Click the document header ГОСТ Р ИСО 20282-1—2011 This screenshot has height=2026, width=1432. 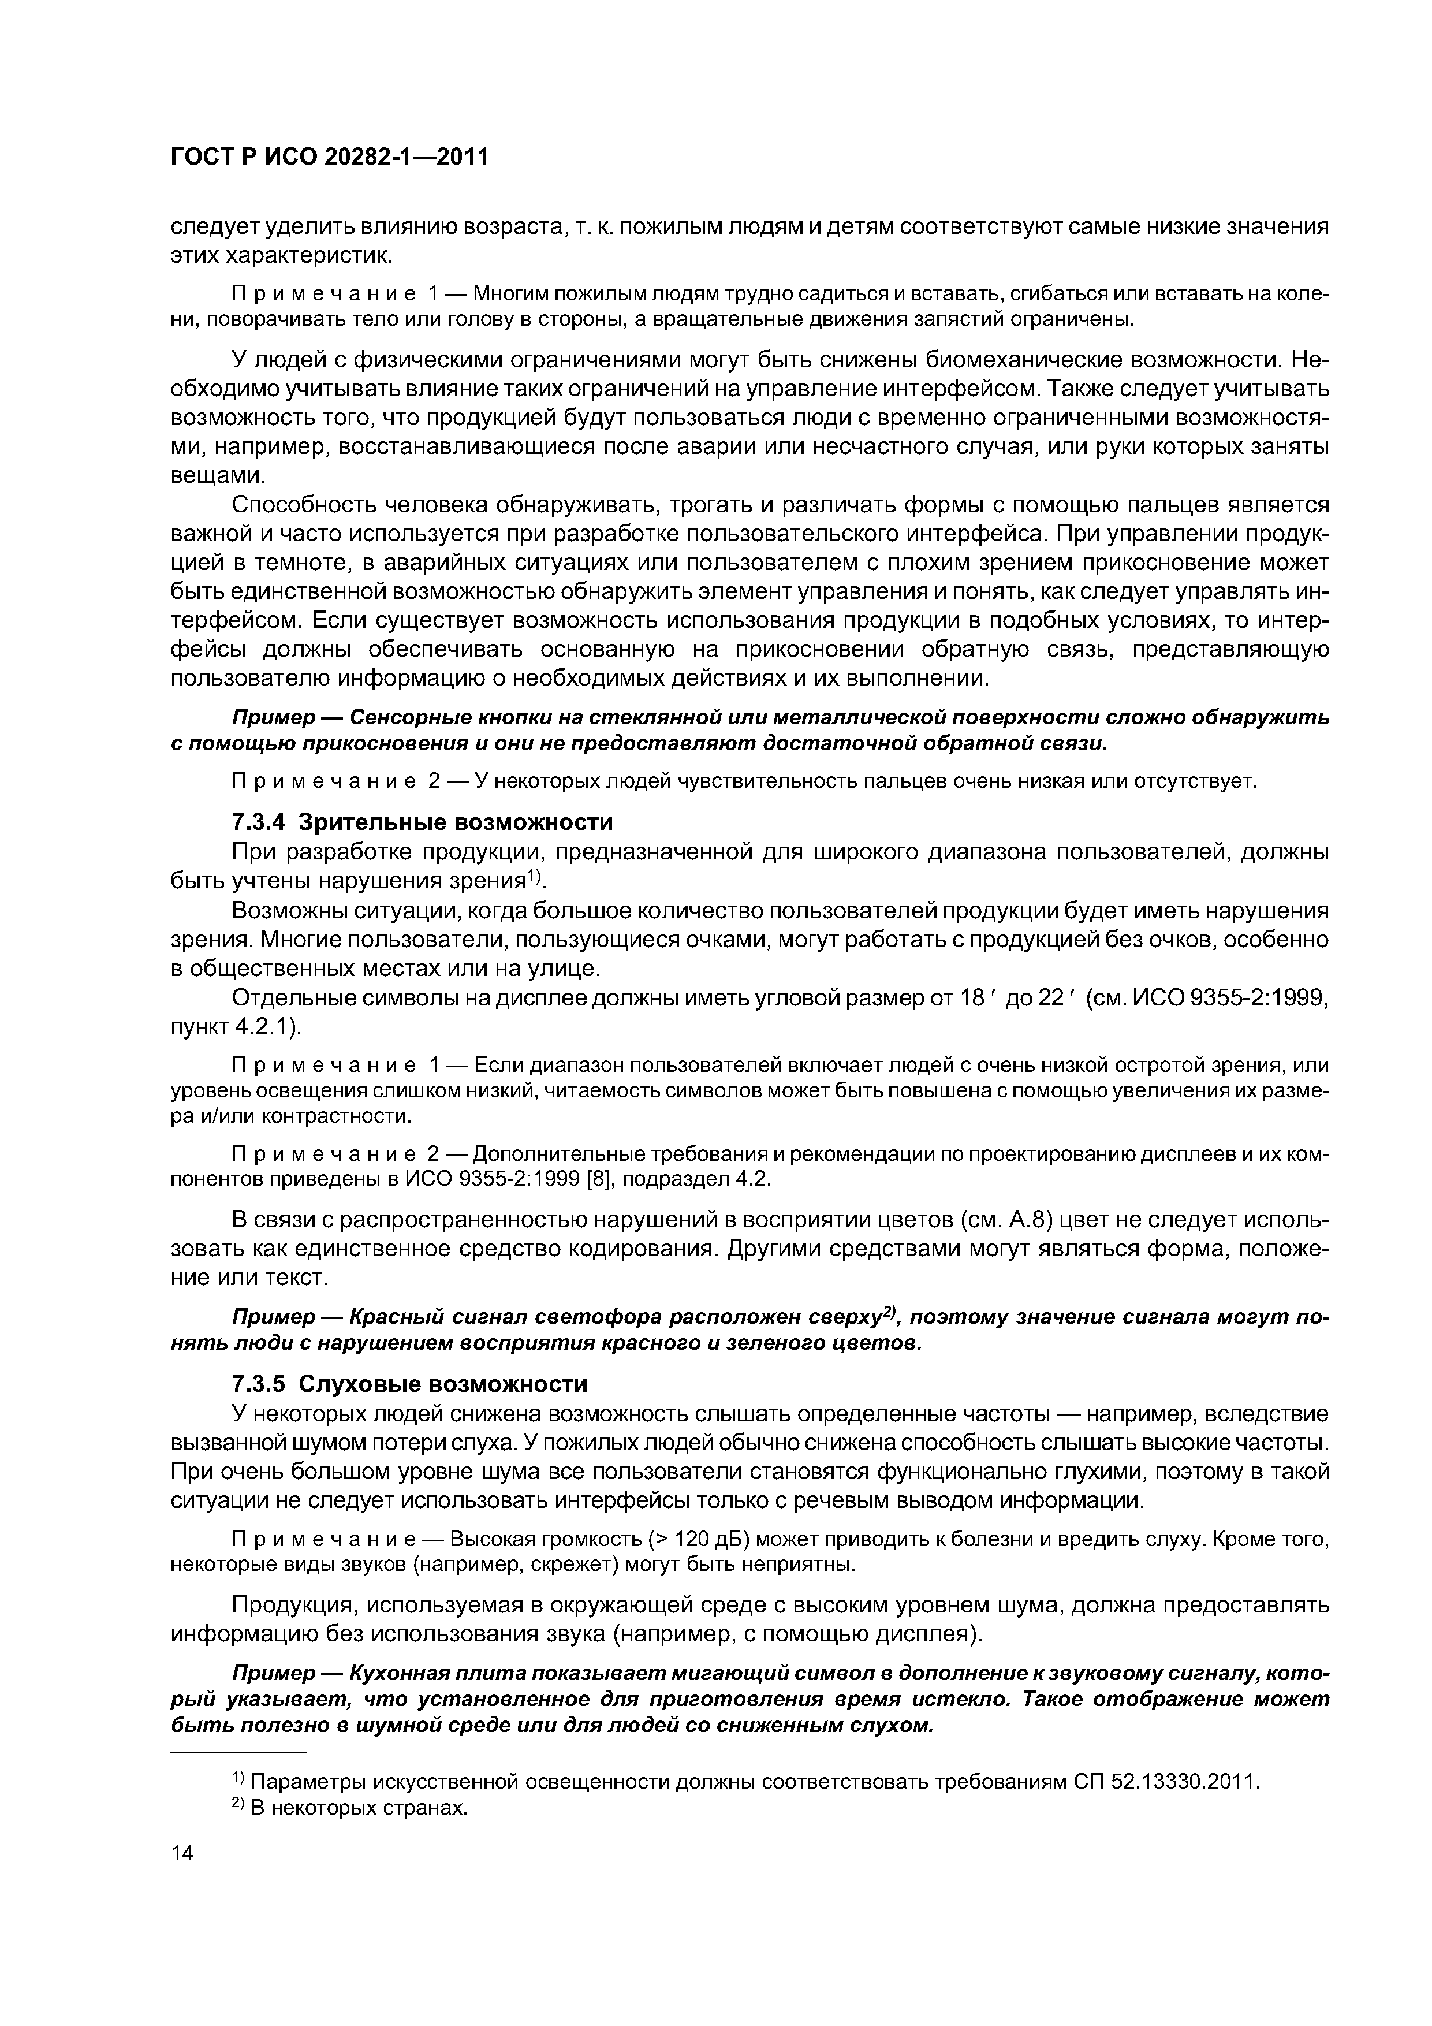tap(328, 157)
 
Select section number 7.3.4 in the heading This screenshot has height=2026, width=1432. tap(259, 822)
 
